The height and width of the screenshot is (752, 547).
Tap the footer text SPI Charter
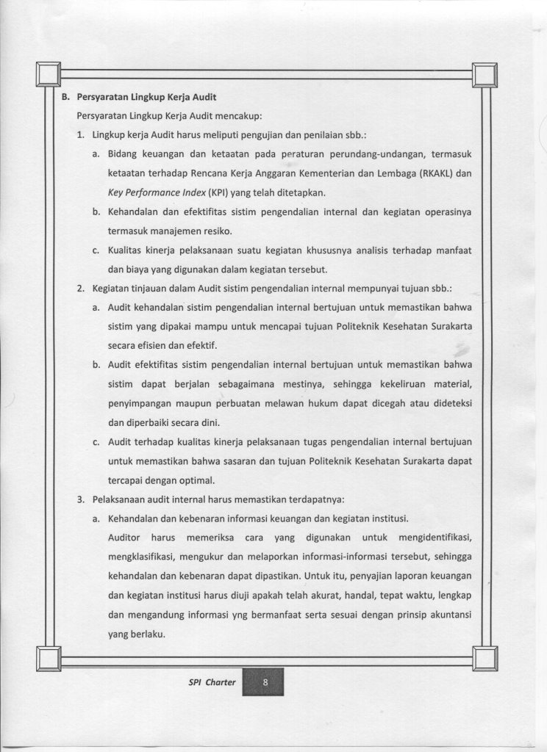211,682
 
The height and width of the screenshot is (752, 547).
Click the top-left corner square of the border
48,73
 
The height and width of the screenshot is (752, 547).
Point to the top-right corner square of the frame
485,73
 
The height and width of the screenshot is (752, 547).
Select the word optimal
193,481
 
